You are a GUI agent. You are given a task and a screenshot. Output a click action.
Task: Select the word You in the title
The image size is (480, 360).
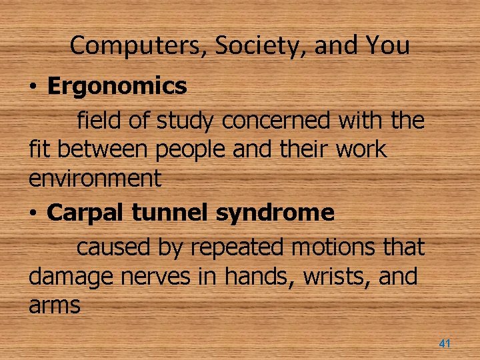click(387, 45)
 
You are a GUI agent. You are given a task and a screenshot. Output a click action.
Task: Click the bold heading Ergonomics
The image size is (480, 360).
click(117, 85)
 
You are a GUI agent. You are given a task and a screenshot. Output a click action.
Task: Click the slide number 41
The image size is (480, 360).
click(445, 343)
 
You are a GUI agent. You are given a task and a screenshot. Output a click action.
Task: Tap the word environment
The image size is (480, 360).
click(95, 178)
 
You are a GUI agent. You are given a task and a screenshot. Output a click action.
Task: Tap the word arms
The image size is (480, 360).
click(54, 305)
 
